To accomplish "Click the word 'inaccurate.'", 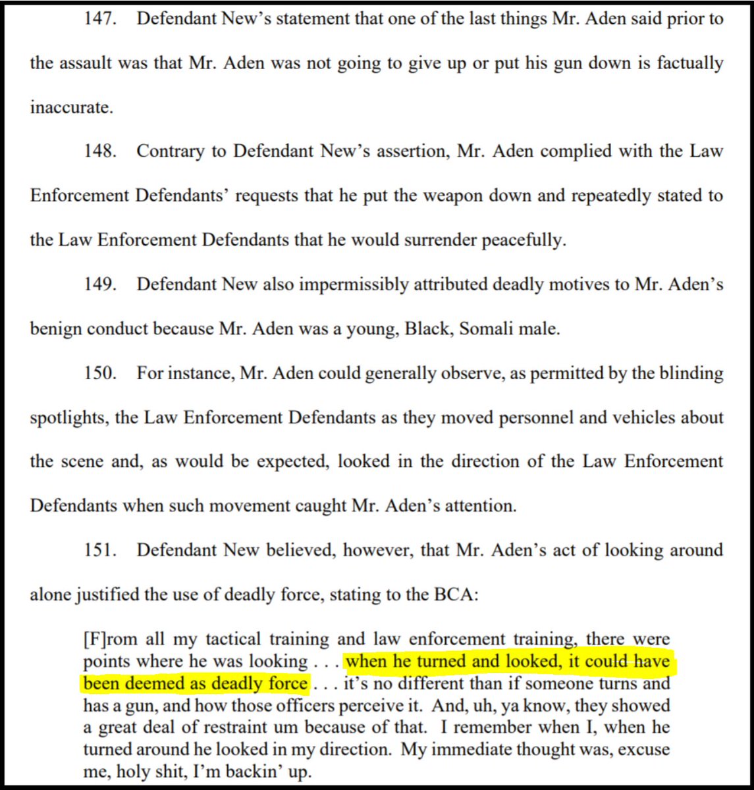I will tap(71, 107).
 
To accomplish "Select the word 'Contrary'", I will tap(168, 151).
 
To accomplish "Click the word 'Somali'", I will tap(487, 329).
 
